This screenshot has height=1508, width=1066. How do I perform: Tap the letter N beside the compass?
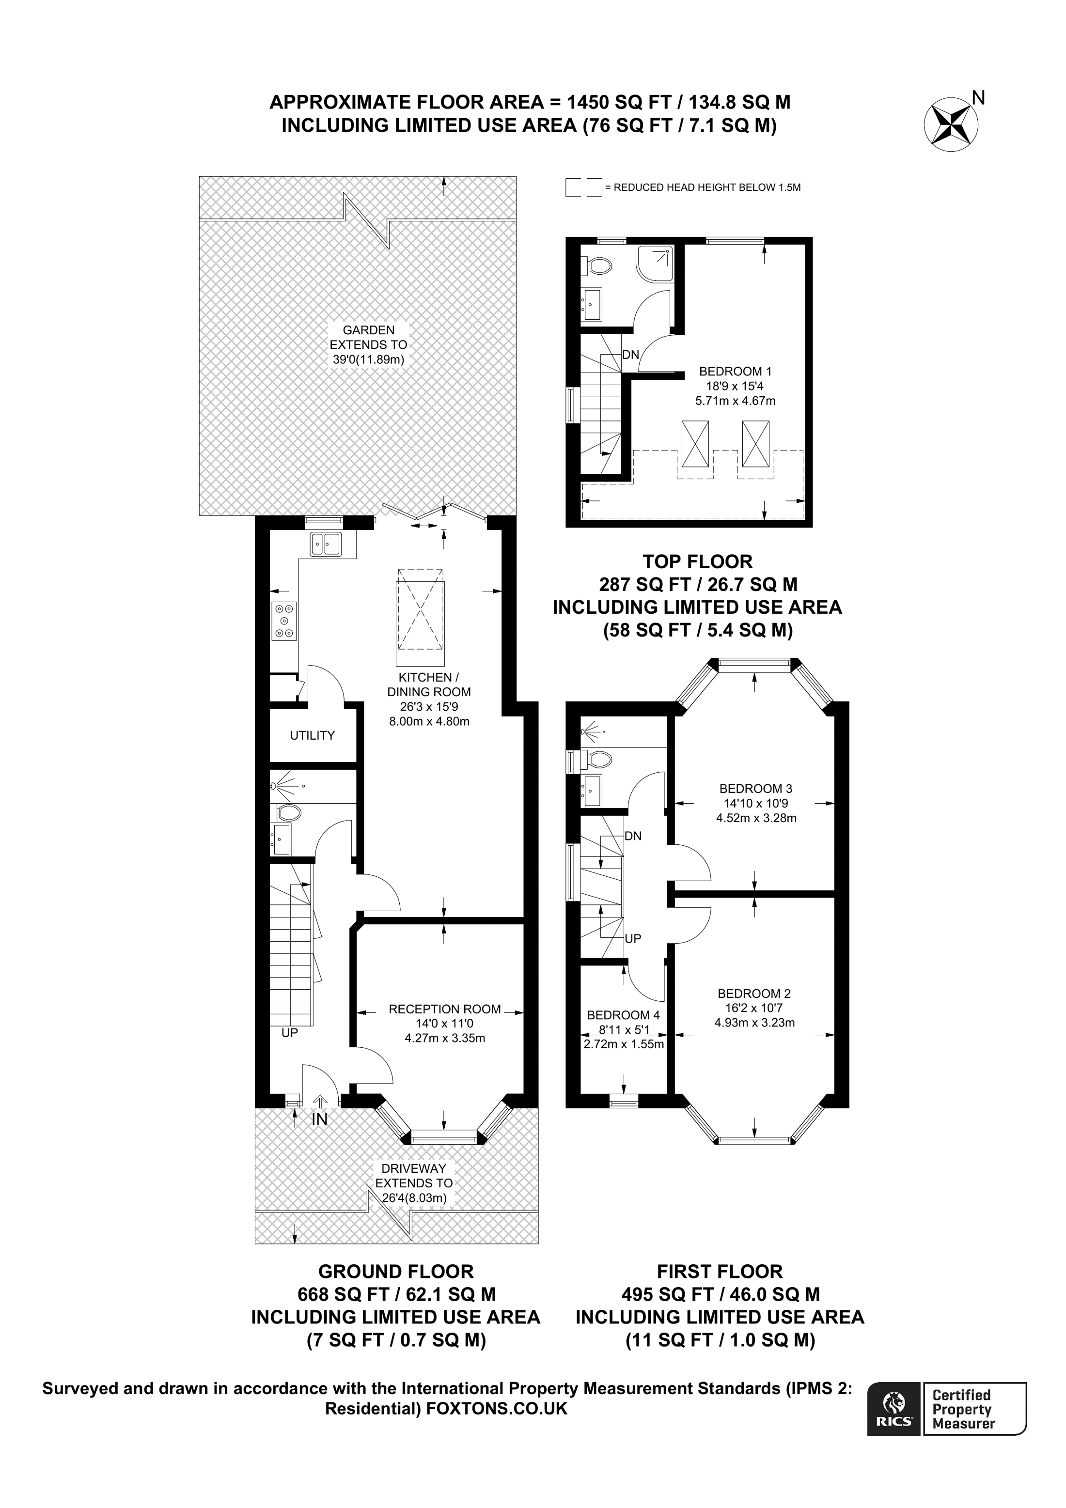point(978,98)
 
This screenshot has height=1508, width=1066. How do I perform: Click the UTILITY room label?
point(312,736)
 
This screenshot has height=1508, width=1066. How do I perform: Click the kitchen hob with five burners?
point(284,621)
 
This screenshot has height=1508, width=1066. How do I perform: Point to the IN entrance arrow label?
point(320,1119)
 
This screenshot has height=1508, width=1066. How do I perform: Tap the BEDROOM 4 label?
point(623,1015)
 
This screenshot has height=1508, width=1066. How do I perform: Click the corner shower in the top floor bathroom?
point(654,264)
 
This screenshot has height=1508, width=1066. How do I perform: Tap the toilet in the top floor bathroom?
point(598,265)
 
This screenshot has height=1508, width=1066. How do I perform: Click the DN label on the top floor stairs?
point(630,355)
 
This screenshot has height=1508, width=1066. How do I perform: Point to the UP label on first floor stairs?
point(632,938)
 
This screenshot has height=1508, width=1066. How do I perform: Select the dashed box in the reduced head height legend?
point(583,187)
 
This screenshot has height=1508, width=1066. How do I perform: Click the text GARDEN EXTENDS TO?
point(368,338)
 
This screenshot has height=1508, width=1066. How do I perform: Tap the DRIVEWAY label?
point(414,1168)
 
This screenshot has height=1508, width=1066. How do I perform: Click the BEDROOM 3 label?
point(755,789)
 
